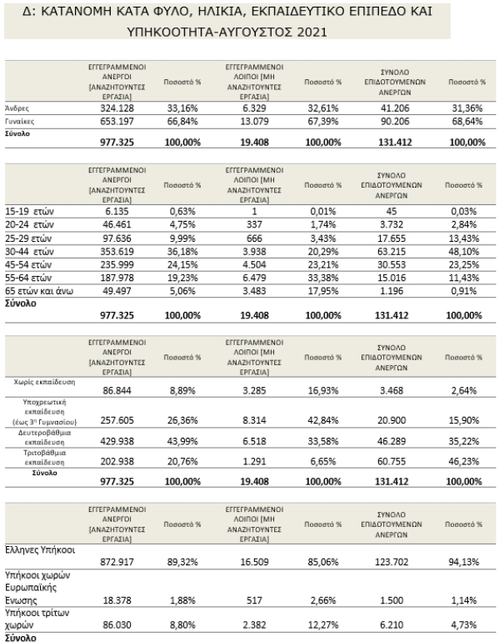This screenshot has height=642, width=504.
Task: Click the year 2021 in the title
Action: (312, 32)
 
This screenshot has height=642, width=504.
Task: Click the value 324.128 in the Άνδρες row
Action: (117, 108)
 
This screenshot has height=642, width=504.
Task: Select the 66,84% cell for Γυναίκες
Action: (182, 121)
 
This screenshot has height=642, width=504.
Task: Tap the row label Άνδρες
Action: (17, 108)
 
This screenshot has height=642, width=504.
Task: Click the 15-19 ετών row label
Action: (29, 211)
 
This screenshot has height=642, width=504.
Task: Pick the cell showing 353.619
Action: (117, 252)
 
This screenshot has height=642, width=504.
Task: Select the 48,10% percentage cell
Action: (463, 252)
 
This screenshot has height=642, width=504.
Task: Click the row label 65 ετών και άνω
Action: (39, 291)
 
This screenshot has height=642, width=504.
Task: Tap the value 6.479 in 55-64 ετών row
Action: (254, 278)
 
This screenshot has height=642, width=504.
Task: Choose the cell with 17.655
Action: (392, 238)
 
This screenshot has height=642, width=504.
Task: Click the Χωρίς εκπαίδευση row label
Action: (45, 382)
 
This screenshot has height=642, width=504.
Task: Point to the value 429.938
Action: (117, 441)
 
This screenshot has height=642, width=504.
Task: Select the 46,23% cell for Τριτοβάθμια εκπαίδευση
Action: (463, 461)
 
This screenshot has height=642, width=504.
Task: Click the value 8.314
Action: (254, 420)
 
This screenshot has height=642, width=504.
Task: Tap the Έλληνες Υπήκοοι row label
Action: (40, 550)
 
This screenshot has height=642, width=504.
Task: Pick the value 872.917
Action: (117, 562)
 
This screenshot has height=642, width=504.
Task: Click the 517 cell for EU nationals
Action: (254, 600)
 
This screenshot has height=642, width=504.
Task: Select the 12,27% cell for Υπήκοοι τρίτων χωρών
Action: (323, 624)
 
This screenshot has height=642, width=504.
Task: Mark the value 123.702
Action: (392, 562)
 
